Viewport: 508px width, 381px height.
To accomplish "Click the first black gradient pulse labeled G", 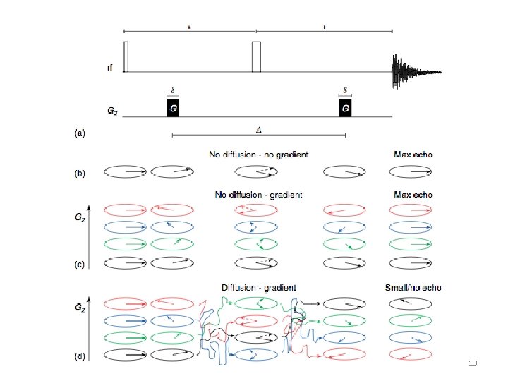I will [x=173, y=108].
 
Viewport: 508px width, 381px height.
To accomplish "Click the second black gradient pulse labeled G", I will [x=345, y=108].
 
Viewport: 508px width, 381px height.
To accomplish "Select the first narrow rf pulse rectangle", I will [x=126, y=56].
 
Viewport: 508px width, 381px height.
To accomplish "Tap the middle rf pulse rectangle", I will [x=256, y=56].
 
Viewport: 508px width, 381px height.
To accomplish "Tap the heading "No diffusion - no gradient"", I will [x=258, y=155].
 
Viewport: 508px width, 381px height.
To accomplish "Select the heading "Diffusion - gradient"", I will [x=258, y=288].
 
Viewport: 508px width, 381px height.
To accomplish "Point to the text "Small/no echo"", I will [x=412, y=288].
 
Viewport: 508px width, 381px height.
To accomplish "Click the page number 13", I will [x=473, y=363].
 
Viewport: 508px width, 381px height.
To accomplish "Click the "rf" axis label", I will [x=109, y=68].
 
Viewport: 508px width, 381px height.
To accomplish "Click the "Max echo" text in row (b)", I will [x=413, y=155].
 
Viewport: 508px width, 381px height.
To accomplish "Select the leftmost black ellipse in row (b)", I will [x=125, y=171].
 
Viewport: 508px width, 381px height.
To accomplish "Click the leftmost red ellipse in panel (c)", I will [x=125, y=210].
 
